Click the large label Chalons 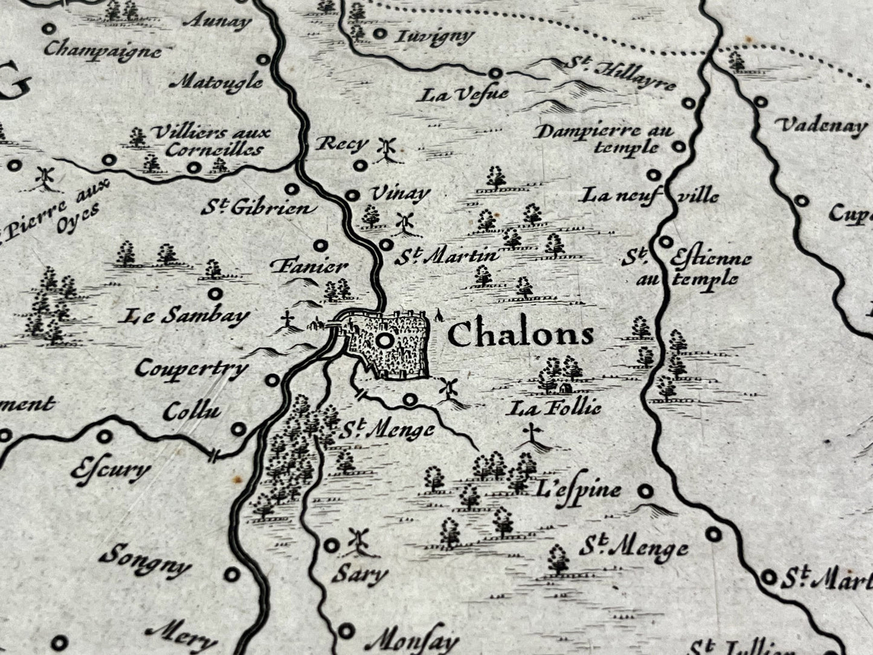[520, 335]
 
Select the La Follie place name [555, 409]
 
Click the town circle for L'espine [646, 491]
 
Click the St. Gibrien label [259, 208]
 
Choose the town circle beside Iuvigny [379, 34]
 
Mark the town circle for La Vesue [495, 73]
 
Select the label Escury [111, 470]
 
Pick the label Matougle [217, 80]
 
